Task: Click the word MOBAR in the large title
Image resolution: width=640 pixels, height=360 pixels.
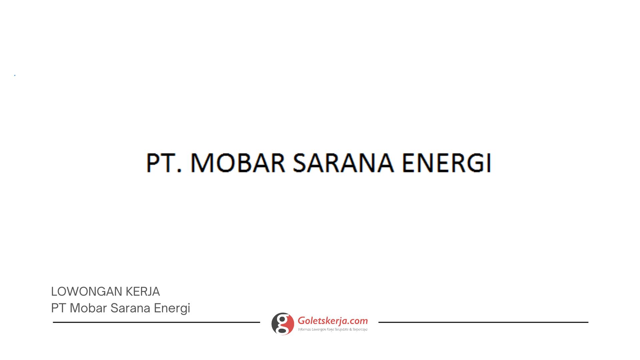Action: coord(238,163)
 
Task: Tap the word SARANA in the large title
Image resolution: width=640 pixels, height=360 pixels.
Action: coord(343,163)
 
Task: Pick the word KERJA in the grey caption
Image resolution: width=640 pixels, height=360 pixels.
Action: coord(143,292)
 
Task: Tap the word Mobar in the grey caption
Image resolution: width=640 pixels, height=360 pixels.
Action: coord(88,308)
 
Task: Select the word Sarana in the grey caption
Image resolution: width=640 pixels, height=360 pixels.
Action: coord(130,308)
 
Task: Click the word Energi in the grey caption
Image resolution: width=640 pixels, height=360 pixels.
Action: coord(172,309)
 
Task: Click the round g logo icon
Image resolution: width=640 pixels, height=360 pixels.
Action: coord(283,324)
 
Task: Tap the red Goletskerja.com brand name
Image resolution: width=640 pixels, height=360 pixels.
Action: coord(333,321)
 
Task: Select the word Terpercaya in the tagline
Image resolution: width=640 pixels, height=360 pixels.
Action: coord(360,330)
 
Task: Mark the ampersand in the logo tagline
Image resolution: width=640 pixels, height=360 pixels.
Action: coord(350,330)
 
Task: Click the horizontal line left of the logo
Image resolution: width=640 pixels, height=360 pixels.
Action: coord(156,322)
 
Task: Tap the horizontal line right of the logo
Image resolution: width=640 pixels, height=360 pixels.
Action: coord(483,322)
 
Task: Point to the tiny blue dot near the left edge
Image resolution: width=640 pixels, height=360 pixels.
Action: coord(15,76)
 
